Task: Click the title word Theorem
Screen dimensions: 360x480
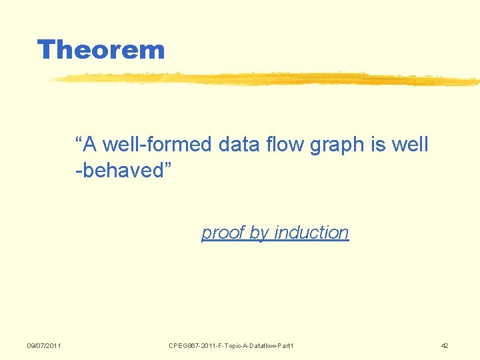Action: pos(101,50)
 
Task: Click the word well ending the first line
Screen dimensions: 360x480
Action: pos(410,145)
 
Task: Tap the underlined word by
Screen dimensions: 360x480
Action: pos(259,233)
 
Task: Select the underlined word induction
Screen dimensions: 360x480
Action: pos(311,233)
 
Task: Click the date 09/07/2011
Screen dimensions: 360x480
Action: pos(44,345)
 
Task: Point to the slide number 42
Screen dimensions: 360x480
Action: pos(445,345)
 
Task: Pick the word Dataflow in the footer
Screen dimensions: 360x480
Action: pos(259,345)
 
